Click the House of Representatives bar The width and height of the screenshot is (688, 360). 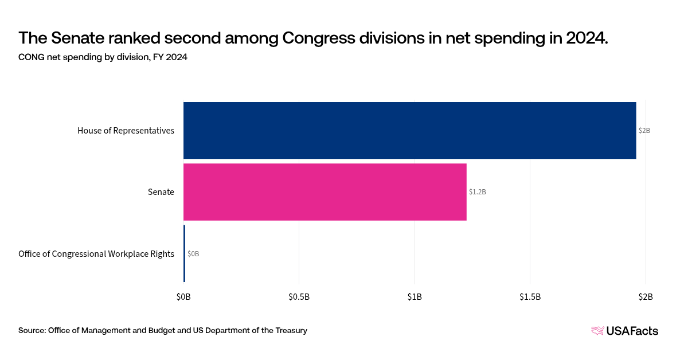coord(409,130)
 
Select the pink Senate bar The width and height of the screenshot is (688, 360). coord(325,192)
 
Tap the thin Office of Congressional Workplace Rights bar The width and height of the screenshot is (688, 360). coord(184,253)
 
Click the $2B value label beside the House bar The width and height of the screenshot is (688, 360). coord(644,131)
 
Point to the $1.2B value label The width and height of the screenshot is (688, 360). coord(477,192)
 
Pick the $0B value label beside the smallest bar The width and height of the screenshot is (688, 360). coord(193,253)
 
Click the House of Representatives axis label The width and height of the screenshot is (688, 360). coord(126,131)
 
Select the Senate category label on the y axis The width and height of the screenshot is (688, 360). coord(161,192)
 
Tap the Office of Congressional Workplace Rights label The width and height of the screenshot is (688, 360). coord(96,253)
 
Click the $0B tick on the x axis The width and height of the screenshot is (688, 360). coord(183,296)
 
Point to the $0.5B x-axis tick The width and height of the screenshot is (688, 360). coord(299,296)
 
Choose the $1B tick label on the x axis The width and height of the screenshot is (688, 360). coord(415,296)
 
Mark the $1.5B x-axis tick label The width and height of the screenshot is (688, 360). coord(530,296)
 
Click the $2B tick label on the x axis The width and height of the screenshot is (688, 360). coord(646,296)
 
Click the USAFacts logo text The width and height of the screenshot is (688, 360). coord(632,331)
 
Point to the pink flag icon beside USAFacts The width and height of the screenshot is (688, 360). coord(597,331)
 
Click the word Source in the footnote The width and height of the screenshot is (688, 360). coord(32,330)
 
